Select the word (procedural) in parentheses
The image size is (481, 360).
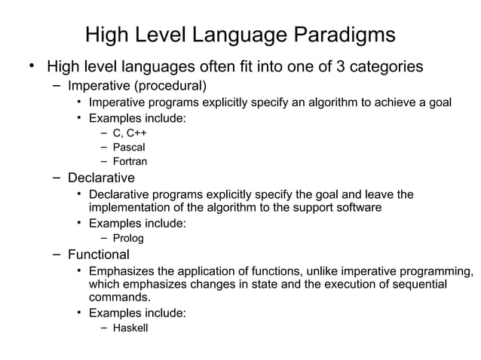170,84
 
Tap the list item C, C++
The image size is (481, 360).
129,133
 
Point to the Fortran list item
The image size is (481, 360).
130,161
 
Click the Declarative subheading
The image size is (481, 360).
101,178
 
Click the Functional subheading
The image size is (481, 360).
99,255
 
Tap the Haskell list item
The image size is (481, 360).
130,328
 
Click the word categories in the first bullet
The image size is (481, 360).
384,66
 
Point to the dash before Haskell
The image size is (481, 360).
105,328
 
